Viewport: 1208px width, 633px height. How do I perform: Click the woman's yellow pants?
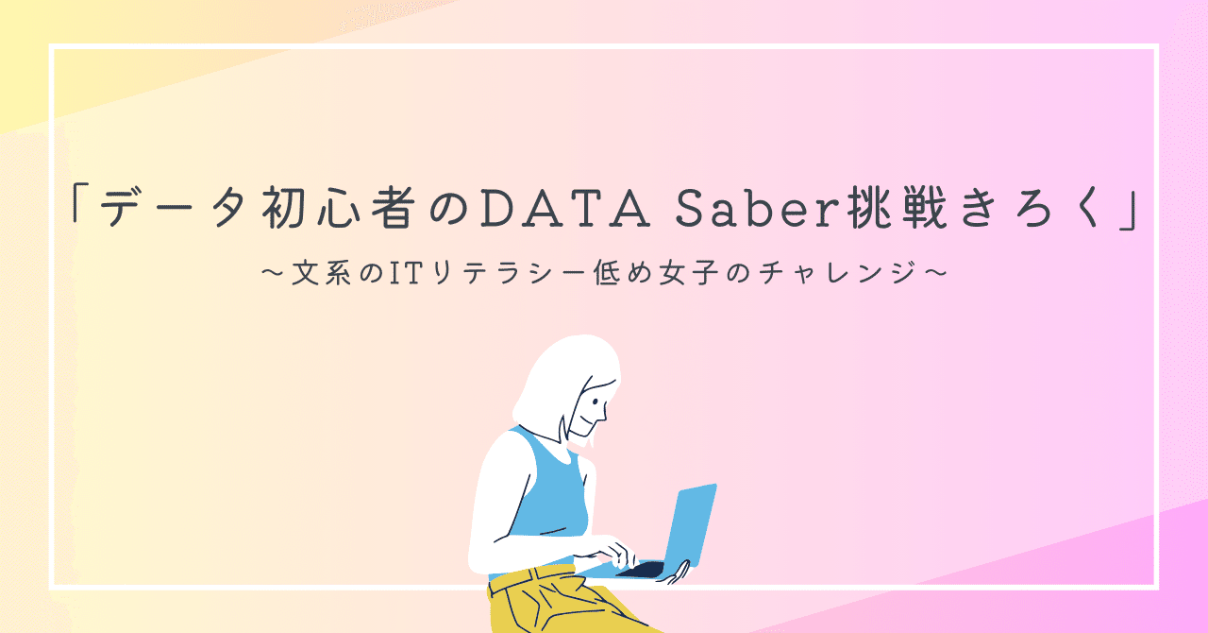(x=557, y=605)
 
